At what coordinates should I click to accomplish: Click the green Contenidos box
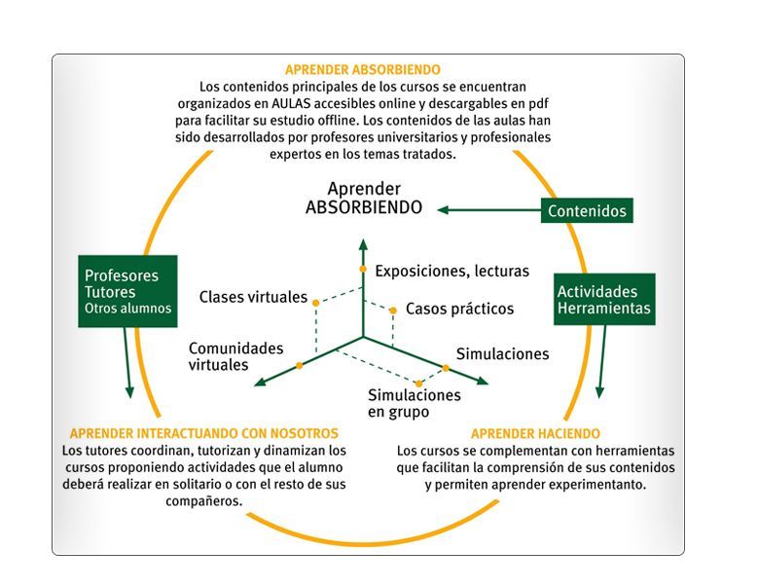pos(586,210)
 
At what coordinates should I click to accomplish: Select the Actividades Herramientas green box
pos(604,300)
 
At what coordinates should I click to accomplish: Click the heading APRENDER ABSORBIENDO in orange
pos(362,70)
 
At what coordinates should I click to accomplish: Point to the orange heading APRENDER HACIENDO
pos(535,433)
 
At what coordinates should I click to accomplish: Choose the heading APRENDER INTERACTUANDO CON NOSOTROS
pos(204,433)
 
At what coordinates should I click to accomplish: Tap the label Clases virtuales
pos(253,297)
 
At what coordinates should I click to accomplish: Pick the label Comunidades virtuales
pos(235,356)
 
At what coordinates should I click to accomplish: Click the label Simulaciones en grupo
pos(414,403)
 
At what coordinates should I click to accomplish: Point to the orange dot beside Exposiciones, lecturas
pos(363,269)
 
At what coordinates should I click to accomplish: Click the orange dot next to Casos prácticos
pos(393,311)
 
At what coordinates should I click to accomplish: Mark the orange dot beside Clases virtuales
pos(315,303)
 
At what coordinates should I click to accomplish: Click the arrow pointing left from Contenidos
pos(487,209)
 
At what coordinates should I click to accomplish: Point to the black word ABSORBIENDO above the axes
pos(363,207)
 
